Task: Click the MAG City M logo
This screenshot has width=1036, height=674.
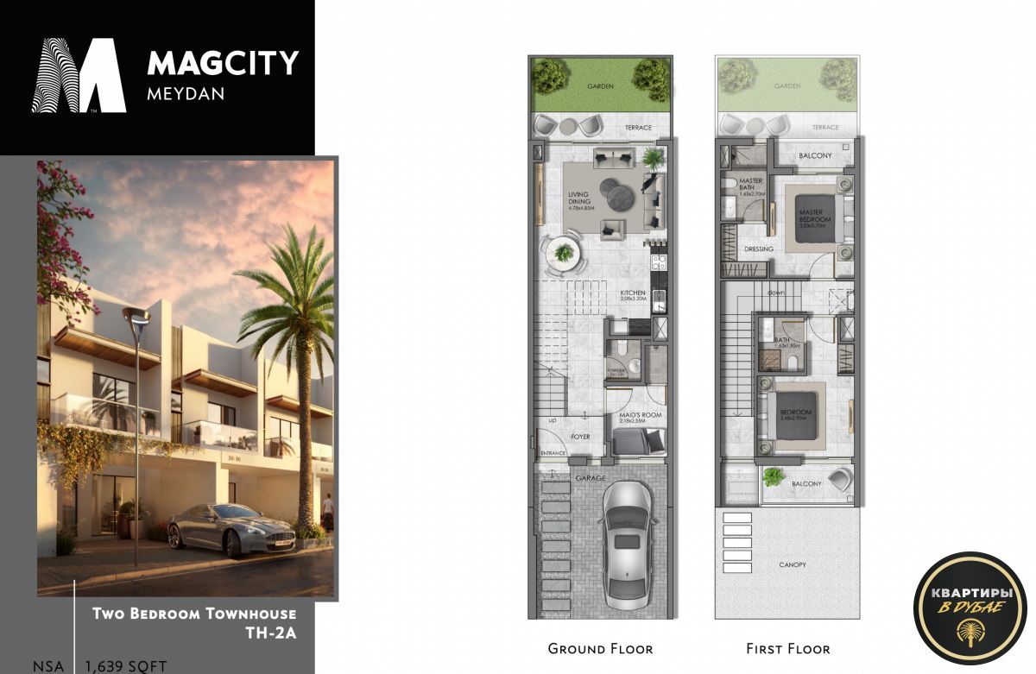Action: (79, 75)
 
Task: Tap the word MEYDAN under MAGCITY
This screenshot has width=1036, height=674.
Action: (186, 93)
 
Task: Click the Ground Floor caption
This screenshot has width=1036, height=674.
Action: (600, 648)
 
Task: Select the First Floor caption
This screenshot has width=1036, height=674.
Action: (787, 648)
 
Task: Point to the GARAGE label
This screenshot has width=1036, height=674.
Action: (591, 478)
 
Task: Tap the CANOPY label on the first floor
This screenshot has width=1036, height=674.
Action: (792, 564)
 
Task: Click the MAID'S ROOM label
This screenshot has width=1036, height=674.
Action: (640, 415)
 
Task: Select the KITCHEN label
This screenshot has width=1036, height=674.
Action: (632, 293)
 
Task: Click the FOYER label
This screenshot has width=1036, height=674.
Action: (580, 437)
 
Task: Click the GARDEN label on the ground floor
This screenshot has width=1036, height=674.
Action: (600, 87)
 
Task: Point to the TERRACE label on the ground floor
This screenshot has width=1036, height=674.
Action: (638, 128)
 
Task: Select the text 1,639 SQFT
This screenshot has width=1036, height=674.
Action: (124, 666)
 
